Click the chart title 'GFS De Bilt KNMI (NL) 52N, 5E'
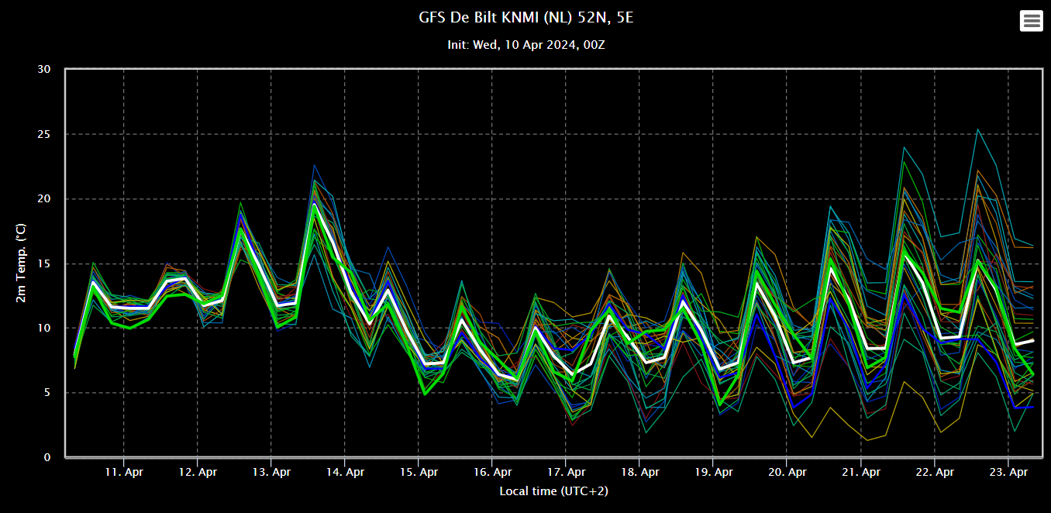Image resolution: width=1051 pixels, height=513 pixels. tap(526, 18)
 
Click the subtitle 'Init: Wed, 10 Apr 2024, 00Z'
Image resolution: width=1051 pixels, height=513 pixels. tap(526, 45)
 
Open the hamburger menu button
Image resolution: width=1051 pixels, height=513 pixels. tap(1032, 21)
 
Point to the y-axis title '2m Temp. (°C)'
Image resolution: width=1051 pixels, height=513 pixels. tap(21, 263)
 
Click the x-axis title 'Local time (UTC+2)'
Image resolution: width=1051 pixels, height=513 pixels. tap(553, 491)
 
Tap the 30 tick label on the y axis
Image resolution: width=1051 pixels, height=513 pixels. tap(43, 70)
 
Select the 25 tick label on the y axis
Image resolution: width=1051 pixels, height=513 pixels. tap(43, 135)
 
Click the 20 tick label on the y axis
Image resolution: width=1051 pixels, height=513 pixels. tap(43, 199)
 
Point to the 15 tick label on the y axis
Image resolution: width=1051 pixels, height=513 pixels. tap(43, 263)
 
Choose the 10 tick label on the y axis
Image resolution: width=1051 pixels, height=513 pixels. tap(43, 328)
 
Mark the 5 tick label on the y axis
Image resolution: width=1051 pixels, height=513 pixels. tap(47, 392)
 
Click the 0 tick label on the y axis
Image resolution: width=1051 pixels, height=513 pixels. tap(47, 457)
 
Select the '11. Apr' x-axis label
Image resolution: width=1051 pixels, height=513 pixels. tap(124, 472)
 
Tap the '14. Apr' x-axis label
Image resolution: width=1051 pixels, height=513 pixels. tap(345, 472)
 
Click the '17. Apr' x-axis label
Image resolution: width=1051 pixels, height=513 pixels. tap(566, 472)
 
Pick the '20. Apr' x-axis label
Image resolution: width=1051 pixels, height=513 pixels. tap(787, 472)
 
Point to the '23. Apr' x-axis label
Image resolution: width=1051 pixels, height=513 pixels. tap(1008, 472)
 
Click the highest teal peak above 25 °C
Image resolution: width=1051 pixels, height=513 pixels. tap(978, 129)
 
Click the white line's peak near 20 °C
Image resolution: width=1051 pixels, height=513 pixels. tap(315, 203)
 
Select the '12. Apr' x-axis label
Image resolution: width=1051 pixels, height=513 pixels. tap(198, 472)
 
